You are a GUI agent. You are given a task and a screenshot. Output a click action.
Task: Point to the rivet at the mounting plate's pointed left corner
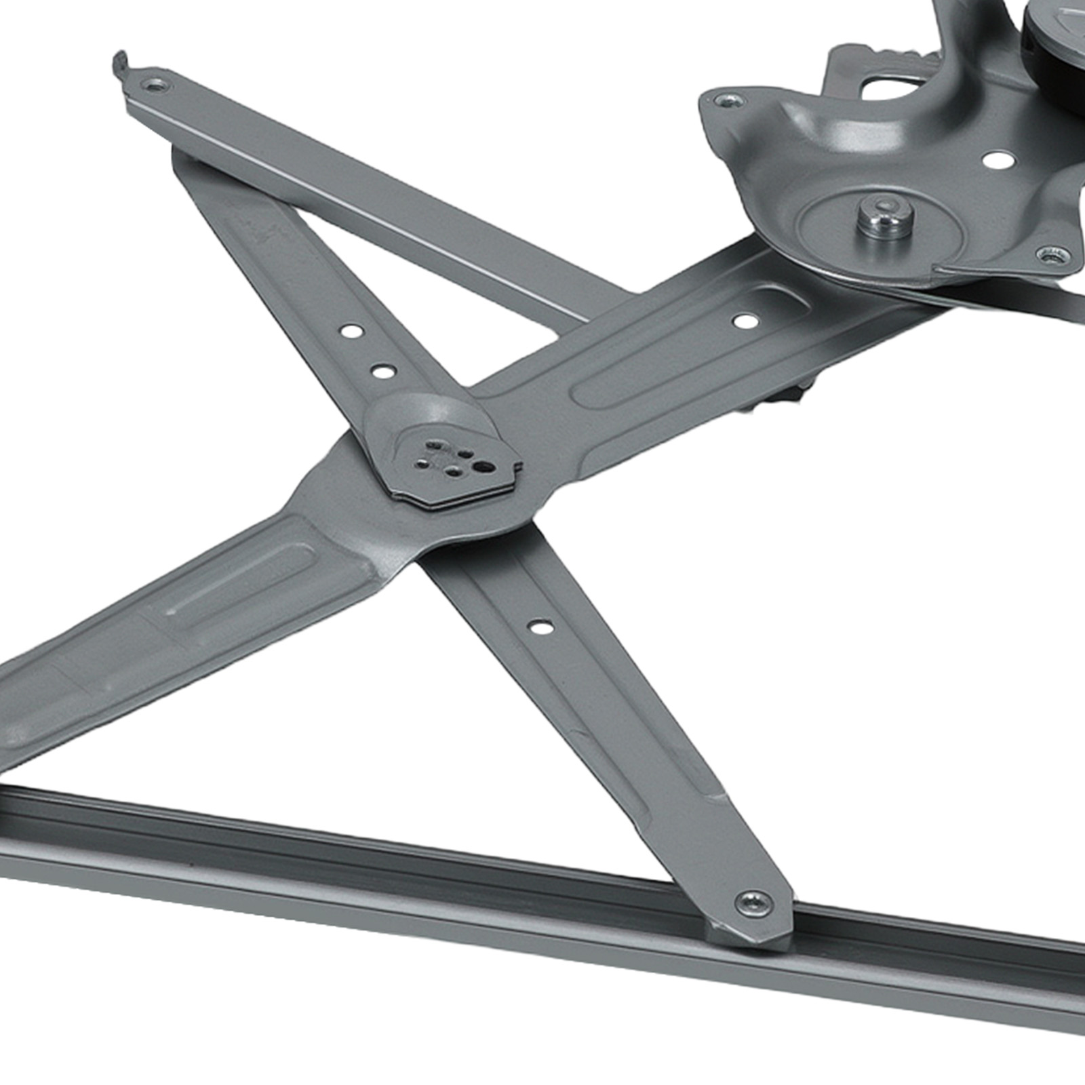point(728,101)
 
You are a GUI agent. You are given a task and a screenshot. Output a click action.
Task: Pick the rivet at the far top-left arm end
point(157,85)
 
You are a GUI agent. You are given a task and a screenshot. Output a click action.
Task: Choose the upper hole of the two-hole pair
point(352,332)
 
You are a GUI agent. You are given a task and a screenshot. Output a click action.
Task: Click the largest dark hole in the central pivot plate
point(482,467)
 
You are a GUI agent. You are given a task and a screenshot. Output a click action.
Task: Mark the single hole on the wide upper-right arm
point(745,320)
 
